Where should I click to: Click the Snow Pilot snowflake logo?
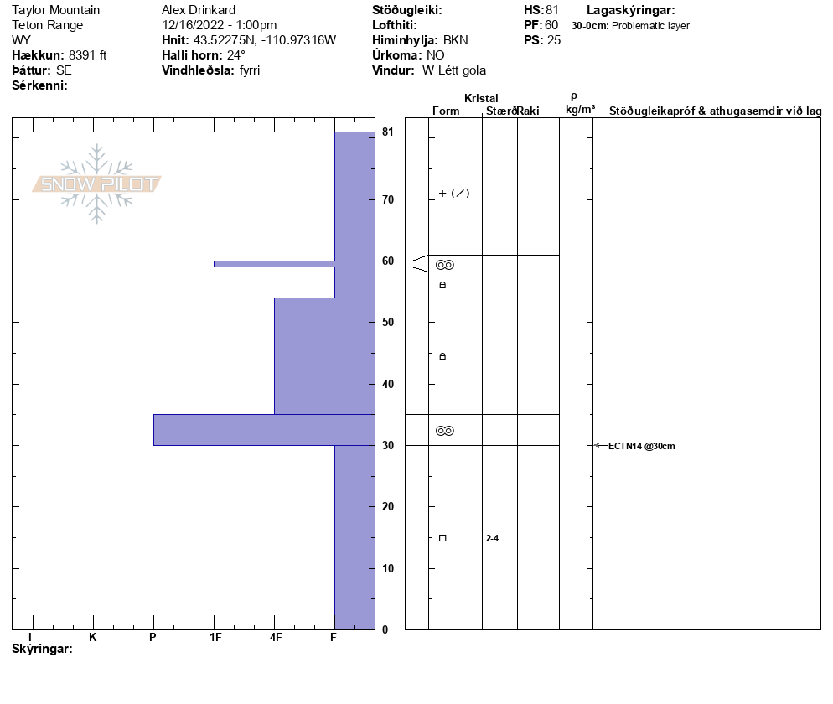click(96, 184)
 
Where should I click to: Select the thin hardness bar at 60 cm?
click(294, 264)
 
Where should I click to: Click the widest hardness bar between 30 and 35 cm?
click(264, 430)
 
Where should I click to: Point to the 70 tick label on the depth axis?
click(388, 199)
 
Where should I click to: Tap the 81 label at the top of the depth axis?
click(388, 132)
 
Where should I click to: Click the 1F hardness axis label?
click(215, 637)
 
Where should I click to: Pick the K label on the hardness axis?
click(93, 637)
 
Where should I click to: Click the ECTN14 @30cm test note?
click(641, 447)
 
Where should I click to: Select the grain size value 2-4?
click(492, 538)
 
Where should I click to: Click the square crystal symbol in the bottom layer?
click(442, 538)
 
